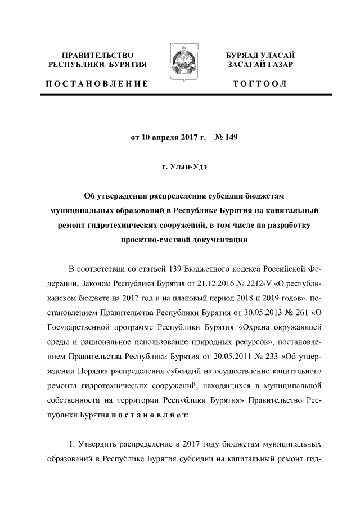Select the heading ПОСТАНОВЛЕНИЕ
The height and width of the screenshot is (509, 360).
point(97,84)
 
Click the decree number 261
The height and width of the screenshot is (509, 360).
point(299,310)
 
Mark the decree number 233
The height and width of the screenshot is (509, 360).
point(269,355)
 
